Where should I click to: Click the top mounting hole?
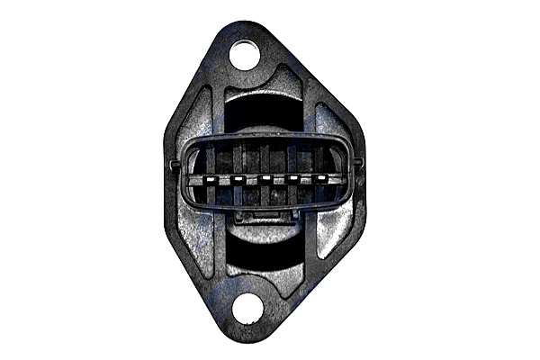[x=244, y=54]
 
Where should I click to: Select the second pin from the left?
[x=238, y=178]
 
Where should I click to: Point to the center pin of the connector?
[x=265, y=178]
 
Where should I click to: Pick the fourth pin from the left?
[x=292, y=178]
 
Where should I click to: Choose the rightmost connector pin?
[x=320, y=178]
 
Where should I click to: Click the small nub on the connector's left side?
[x=173, y=164]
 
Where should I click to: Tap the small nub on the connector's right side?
[x=358, y=162]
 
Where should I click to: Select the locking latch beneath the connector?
[x=265, y=217]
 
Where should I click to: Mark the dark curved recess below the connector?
[x=265, y=252]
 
